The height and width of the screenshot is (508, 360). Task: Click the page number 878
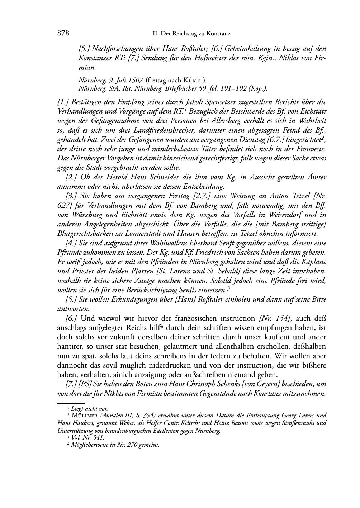63,34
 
